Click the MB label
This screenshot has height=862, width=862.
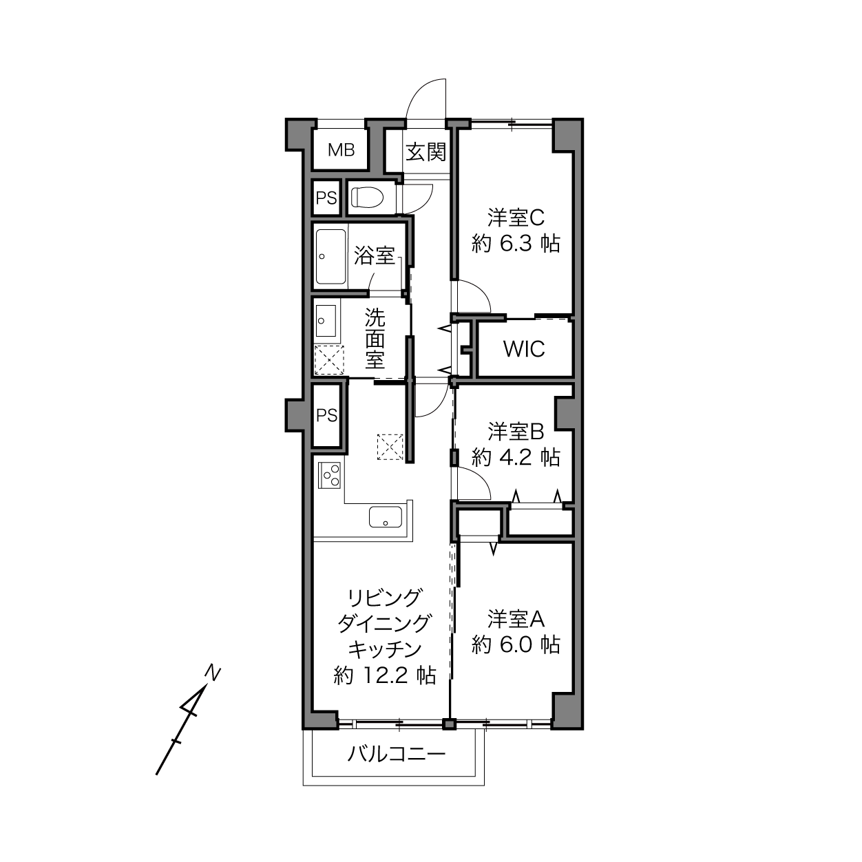[341, 150]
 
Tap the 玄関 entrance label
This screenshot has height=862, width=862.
[426, 152]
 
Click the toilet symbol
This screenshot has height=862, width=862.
[366, 198]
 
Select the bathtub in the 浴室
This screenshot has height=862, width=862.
[331, 257]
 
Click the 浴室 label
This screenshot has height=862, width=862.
[375, 255]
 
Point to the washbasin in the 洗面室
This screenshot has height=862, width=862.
[326, 320]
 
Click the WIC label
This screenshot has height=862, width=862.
[524, 349]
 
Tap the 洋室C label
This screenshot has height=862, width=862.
[516, 218]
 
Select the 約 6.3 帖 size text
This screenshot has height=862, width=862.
[516, 244]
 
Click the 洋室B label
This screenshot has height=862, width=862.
[516, 431]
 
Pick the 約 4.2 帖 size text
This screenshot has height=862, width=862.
[516, 457]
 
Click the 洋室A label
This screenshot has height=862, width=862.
[516, 619]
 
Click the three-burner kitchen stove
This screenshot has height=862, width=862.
[329, 476]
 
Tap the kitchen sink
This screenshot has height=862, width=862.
[386, 517]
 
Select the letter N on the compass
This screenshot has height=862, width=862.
[213, 673]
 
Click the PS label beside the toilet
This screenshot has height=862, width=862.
[326, 198]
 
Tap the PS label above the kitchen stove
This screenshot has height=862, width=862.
[326, 416]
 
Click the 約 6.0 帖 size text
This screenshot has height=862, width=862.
[516, 644]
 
